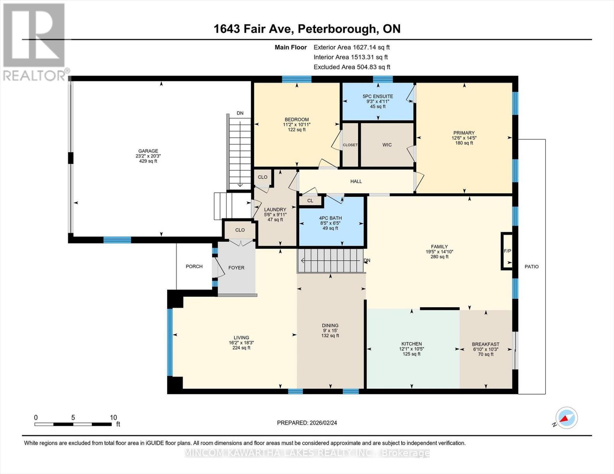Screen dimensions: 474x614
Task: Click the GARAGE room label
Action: coord(148,151)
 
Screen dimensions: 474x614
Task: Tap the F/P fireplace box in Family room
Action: coord(507,251)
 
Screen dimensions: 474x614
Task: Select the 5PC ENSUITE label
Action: coord(378,96)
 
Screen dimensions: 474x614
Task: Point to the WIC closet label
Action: coord(387,145)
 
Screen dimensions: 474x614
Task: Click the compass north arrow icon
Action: coord(566,418)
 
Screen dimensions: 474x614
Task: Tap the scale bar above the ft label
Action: coord(73,424)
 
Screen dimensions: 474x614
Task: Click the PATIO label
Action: coord(531,267)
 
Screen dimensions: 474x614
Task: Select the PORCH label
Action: coord(194,267)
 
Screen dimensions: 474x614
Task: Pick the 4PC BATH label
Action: coord(330,218)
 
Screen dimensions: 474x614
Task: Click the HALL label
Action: coord(356,181)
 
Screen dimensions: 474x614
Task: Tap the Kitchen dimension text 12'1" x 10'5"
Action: coord(412,349)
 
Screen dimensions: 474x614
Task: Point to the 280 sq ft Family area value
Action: coord(439,257)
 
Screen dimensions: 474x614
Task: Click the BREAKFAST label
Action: coord(486,344)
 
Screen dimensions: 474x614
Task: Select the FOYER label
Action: coord(236,268)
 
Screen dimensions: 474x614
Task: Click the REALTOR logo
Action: coord(35,41)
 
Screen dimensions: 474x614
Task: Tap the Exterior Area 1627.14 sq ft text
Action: coord(351,47)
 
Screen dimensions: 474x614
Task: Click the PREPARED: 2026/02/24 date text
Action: coord(307,423)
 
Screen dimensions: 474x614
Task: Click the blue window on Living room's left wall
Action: coord(170,342)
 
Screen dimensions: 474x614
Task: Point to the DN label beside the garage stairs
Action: coord(240,113)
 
